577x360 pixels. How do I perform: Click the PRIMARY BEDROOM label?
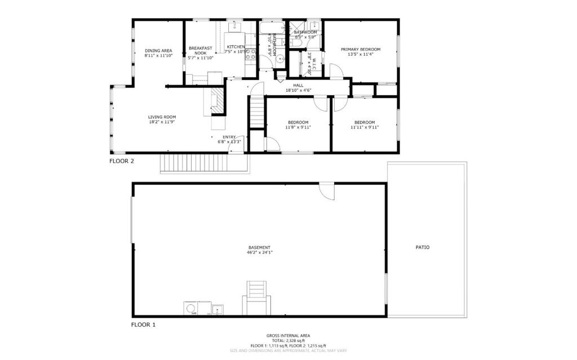pos(361,50)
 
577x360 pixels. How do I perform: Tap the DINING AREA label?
pos(158,51)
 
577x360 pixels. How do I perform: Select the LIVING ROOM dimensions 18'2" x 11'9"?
pos(162,122)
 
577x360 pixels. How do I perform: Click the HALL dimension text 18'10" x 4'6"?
pos(298,90)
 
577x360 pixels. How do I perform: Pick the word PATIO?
pos(423,247)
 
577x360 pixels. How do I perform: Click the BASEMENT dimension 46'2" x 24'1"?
pos(260,252)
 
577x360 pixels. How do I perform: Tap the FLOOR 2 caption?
pos(122,161)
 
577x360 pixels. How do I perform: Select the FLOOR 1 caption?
pos(143,325)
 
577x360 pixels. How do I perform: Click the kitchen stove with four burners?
pos(251,55)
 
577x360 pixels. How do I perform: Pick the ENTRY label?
pos(229,137)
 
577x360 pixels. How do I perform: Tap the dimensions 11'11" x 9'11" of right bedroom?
pos(365,127)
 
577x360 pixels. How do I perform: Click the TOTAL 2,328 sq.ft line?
pos(288,341)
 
